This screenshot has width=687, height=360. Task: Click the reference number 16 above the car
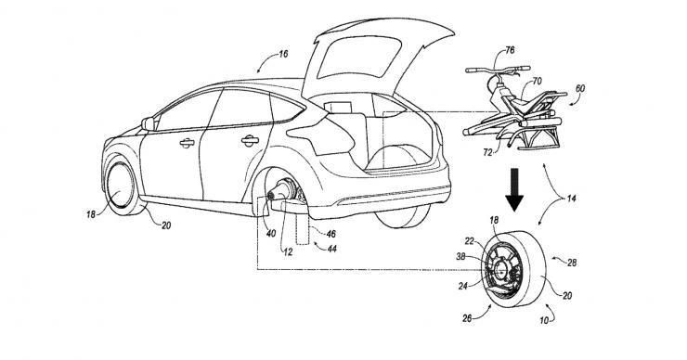(283, 55)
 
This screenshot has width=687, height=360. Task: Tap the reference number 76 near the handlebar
(510, 50)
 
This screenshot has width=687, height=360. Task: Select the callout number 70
(537, 81)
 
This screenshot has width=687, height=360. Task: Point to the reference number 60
(579, 89)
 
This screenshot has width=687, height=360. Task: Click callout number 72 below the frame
(487, 152)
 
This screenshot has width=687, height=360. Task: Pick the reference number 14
(571, 199)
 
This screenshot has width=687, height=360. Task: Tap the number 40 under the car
(271, 234)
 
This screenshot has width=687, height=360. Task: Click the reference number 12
(288, 252)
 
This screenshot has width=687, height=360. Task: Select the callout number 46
(331, 235)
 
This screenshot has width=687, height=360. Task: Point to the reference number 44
(332, 249)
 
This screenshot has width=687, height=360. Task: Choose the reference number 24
(463, 286)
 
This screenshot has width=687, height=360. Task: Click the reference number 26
(468, 318)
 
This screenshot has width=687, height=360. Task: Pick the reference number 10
(544, 321)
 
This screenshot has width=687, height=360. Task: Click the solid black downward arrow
(514, 189)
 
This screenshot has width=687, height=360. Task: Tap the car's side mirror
(148, 124)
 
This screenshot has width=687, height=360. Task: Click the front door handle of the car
(188, 142)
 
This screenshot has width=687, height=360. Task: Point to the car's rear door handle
(250, 141)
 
